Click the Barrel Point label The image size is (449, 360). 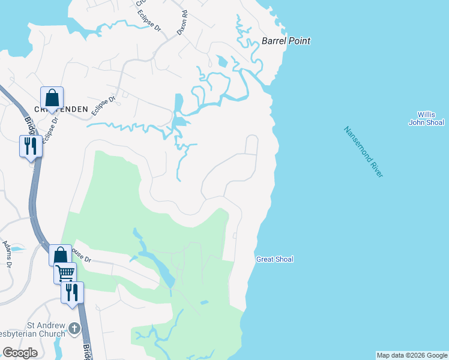click(286, 41)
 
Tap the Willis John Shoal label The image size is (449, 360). click(426, 119)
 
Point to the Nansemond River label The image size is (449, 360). click(363, 151)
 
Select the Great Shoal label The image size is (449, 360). click(275, 259)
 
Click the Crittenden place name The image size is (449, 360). click(61, 109)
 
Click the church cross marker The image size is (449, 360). click(74, 328)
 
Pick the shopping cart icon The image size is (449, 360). click(65, 273)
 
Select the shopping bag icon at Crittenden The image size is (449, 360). click(52, 98)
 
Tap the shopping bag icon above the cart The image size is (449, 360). click(60, 255)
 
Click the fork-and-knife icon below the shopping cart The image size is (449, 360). click(72, 292)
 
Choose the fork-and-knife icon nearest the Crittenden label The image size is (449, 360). click(31, 146)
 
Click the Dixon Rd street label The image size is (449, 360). click(182, 22)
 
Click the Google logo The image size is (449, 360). click(20, 353)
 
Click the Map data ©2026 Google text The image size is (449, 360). click(412, 355)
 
